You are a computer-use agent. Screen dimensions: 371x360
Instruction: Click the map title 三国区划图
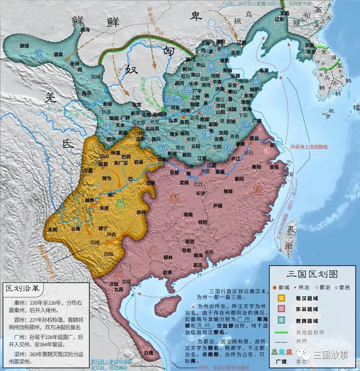coord(312,274)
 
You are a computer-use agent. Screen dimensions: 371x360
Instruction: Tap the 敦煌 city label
coord(24,46)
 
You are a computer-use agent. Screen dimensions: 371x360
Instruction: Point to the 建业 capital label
coord(253,138)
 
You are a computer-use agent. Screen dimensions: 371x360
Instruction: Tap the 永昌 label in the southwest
coord(52,229)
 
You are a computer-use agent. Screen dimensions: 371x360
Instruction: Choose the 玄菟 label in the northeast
coord(285,13)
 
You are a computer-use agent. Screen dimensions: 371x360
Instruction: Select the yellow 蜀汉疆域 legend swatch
coord(282,297)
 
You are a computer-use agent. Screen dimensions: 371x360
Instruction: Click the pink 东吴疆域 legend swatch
coord(282,309)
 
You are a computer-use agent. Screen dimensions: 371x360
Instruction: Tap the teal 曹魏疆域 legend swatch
coord(282,320)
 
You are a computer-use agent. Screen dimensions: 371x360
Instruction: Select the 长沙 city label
coord(201,193)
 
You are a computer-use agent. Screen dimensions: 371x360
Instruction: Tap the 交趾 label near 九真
coord(114,284)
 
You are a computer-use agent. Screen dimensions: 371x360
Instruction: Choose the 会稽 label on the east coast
coord(274,167)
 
